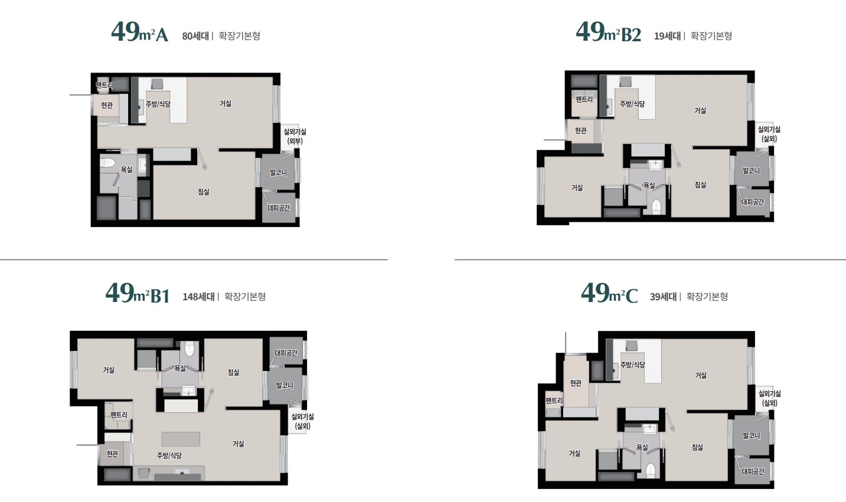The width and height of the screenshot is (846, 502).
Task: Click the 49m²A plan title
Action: (x=140, y=32)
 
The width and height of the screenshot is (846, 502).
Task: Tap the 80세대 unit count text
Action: (x=195, y=36)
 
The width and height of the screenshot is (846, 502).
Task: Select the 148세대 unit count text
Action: (x=198, y=297)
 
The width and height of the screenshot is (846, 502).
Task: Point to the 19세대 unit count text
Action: (x=667, y=36)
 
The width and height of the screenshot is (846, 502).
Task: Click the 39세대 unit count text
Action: (x=663, y=297)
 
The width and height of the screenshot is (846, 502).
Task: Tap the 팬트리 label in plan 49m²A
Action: (x=104, y=86)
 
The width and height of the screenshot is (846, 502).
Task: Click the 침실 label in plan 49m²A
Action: (x=204, y=192)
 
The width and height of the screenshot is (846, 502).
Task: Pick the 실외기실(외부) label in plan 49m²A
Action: (x=295, y=136)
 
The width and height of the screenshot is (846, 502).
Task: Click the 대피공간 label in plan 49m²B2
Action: (x=753, y=202)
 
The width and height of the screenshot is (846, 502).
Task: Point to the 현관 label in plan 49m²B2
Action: (x=581, y=130)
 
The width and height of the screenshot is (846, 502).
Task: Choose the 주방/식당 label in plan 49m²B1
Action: (x=169, y=455)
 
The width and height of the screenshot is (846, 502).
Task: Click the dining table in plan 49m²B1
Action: (x=181, y=439)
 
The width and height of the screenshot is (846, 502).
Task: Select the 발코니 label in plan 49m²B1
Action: (x=285, y=385)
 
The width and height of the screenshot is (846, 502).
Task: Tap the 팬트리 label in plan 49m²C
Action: (x=554, y=401)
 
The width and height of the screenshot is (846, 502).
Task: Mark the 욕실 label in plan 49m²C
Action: (x=642, y=447)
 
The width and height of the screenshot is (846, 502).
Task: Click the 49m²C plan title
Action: (x=609, y=293)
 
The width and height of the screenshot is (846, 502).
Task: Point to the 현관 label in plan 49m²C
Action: (x=576, y=383)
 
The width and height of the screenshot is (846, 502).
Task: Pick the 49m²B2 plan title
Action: (x=609, y=32)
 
